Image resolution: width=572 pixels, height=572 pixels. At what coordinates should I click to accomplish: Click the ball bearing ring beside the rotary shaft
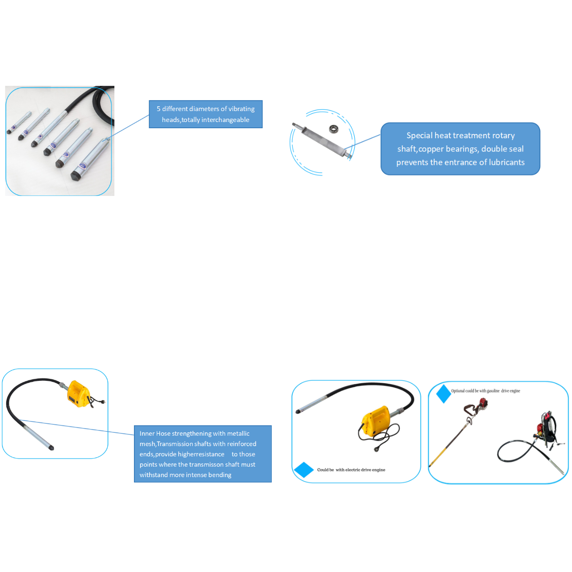pyautogui.click(x=334, y=128)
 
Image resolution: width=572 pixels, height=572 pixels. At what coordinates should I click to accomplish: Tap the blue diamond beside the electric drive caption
pyautogui.click(x=303, y=470)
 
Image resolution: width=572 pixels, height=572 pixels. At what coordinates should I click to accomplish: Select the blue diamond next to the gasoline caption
pyautogui.click(x=443, y=394)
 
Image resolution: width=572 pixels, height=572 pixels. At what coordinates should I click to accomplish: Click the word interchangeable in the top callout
pyautogui.click(x=225, y=120)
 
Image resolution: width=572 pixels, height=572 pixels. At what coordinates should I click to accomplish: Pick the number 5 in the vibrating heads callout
pyautogui.click(x=159, y=109)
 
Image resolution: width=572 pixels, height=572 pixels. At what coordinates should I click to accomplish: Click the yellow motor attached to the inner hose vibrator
pyautogui.click(x=78, y=394)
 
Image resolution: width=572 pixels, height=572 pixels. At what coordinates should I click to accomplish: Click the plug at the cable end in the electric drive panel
pyautogui.click(x=377, y=449)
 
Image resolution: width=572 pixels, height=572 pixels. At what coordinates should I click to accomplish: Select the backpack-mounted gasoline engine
pyautogui.click(x=547, y=428)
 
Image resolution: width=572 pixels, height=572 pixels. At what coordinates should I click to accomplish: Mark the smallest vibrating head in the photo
pyautogui.click(x=19, y=123)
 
